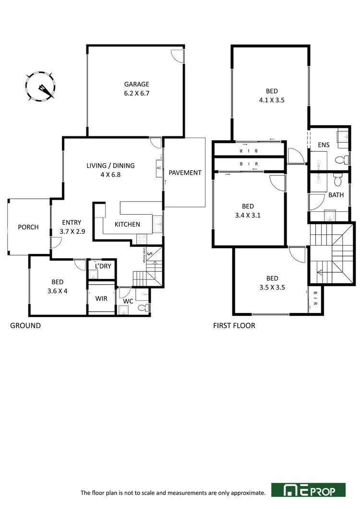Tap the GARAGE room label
pos(137,84)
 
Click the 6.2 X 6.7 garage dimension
pos(137,94)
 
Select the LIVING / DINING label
pos(110,166)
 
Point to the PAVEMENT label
pos(185,172)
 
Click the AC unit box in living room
pos(158,168)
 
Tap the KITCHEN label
pos(127,224)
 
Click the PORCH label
pos(28,227)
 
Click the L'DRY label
pos(102,266)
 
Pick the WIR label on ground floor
pos(101,298)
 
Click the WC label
pos(128,301)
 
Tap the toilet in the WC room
pos(143,307)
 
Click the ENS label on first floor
pos(324,145)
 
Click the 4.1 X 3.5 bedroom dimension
pos(272,100)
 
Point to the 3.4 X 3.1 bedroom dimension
pos(249,215)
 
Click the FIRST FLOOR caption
pos(234,326)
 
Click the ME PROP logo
pos(308,490)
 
